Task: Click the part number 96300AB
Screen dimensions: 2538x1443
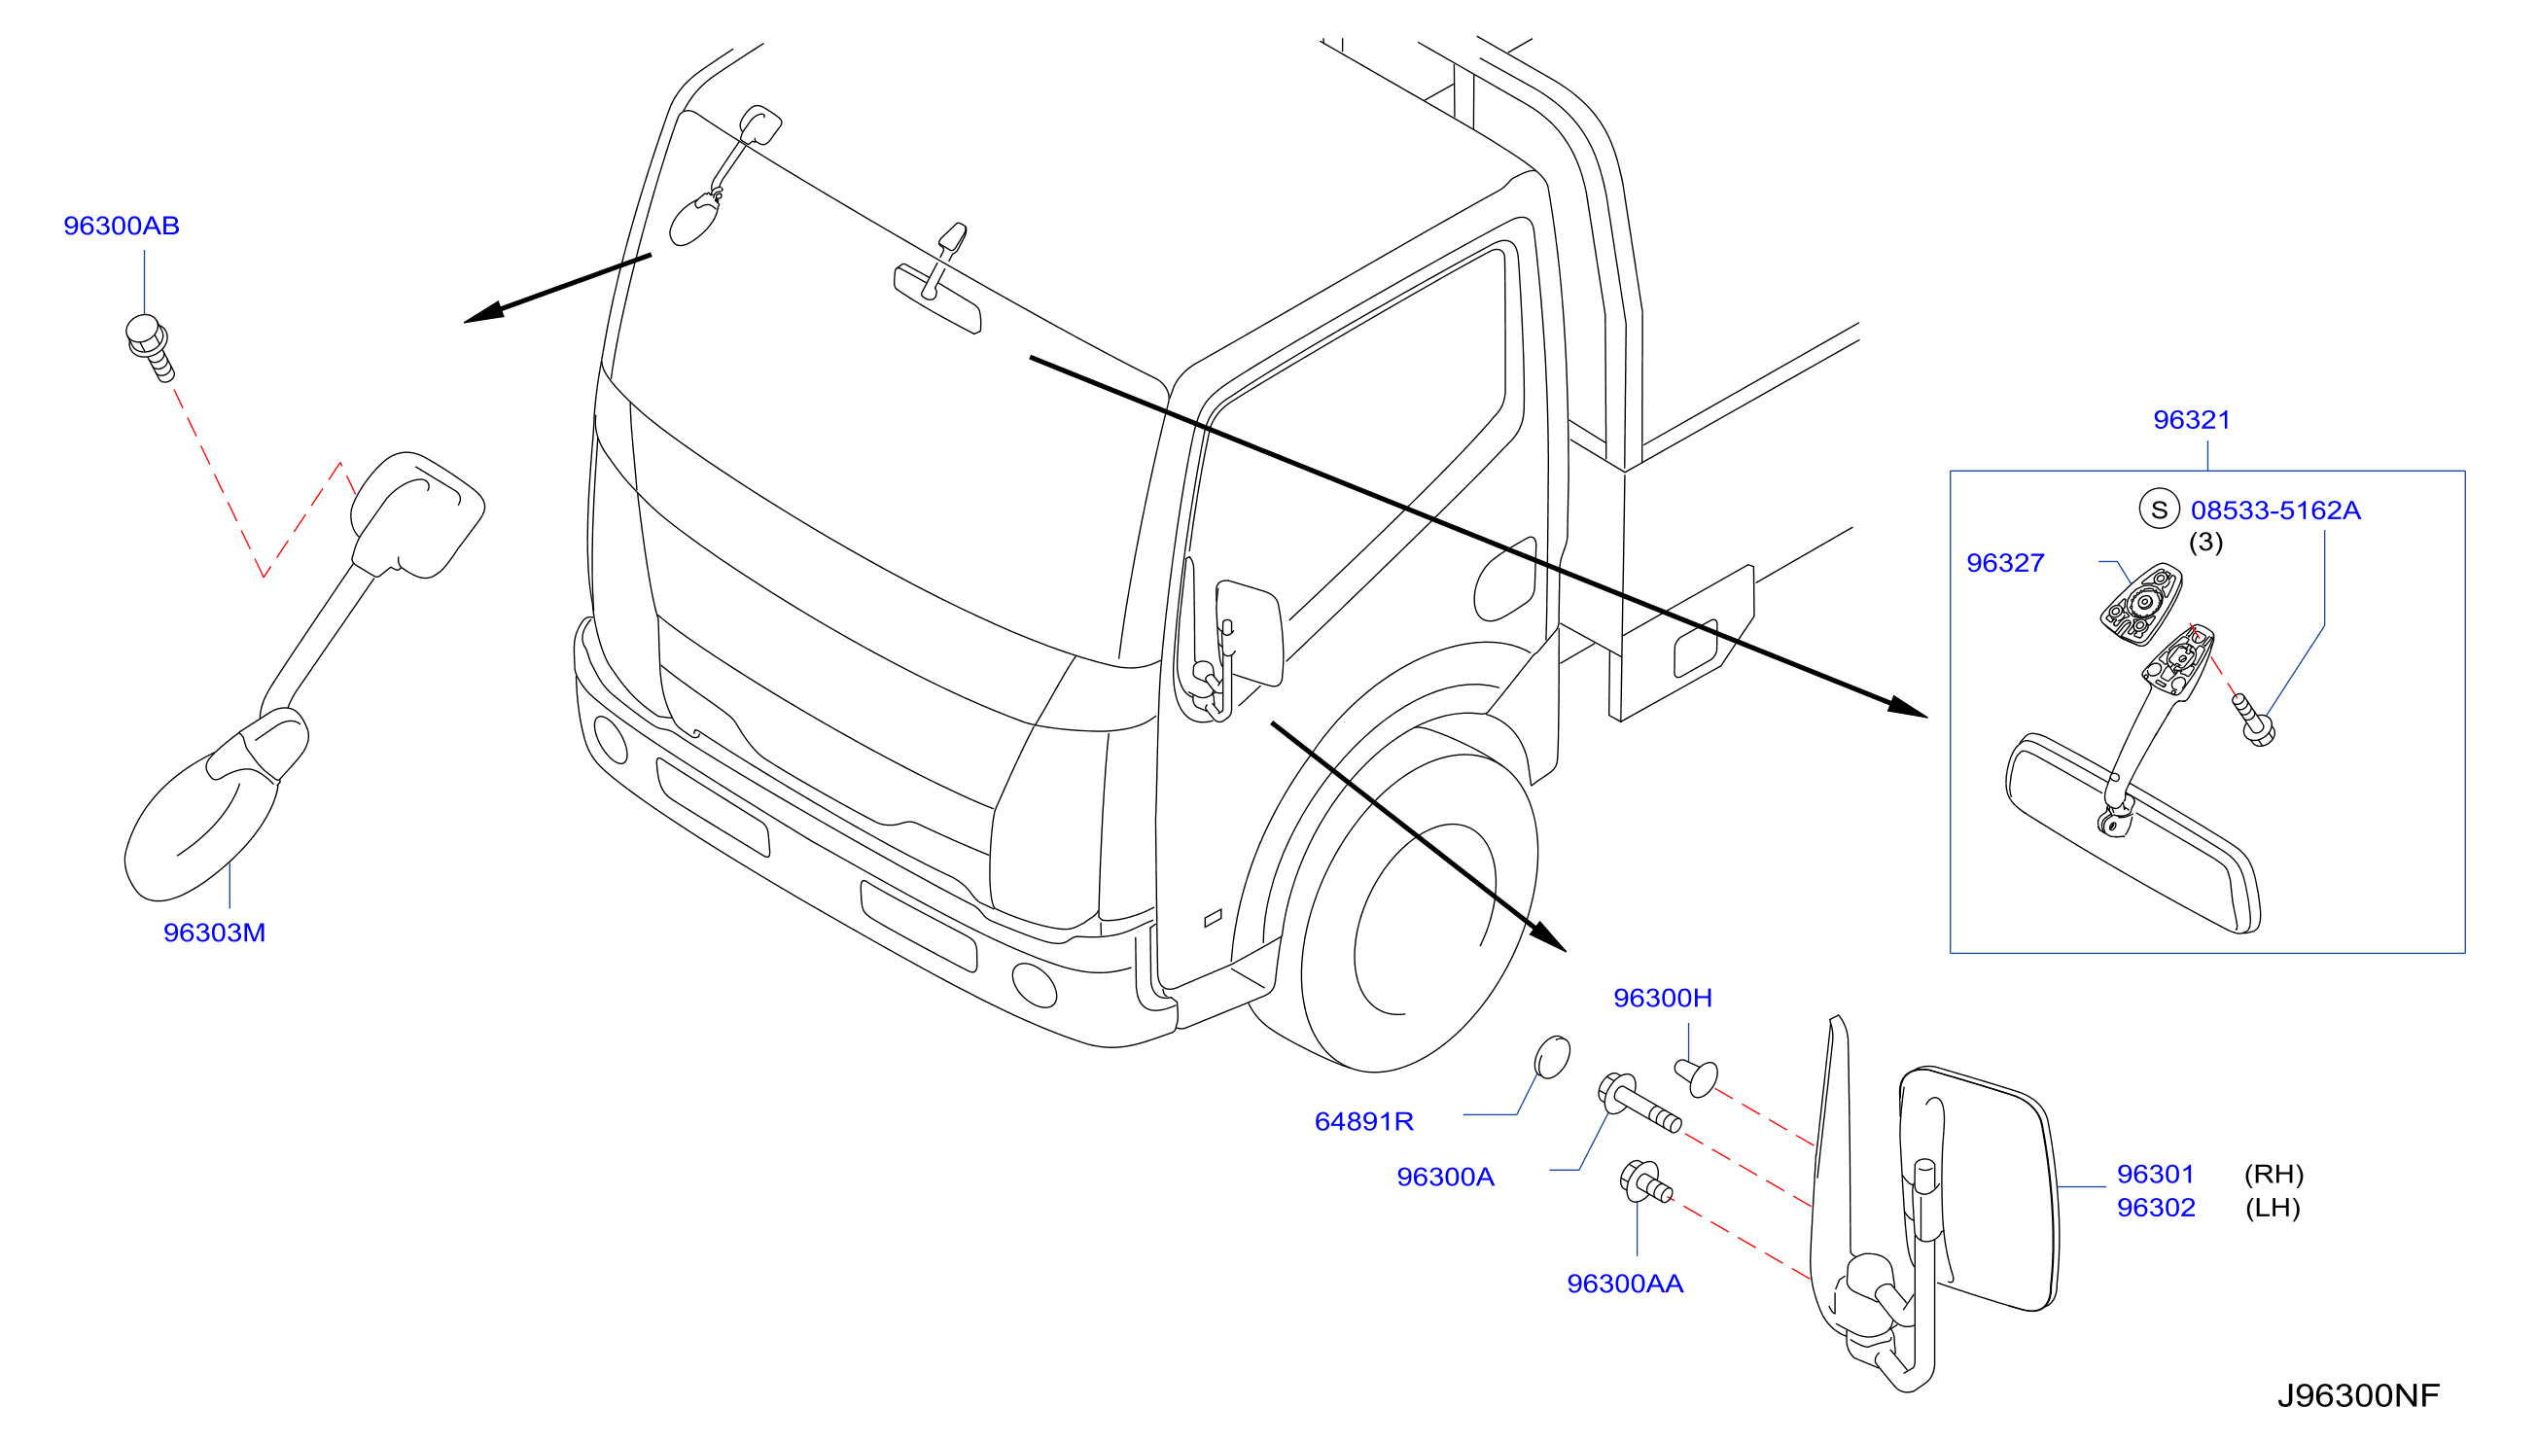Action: tap(122, 226)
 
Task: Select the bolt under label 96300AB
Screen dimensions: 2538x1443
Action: tap(150, 347)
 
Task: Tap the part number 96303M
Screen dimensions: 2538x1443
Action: tap(214, 933)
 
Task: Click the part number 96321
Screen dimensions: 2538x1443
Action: tap(2191, 420)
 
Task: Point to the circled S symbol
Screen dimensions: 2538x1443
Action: tap(2159, 510)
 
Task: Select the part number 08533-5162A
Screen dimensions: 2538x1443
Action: tap(2275, 510)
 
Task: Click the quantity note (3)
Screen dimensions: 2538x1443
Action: tap(2205, 543)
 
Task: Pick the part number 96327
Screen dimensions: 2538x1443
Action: tap(2005, 563)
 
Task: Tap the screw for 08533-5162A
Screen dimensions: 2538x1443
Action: tap(2252, 720)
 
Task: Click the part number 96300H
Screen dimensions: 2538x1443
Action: tap(1662, 998)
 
